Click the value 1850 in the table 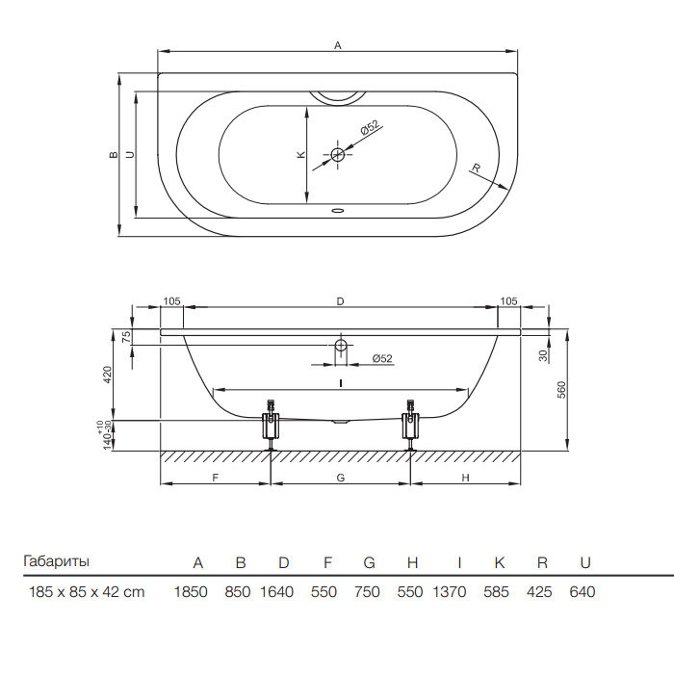click(x=191, y=592)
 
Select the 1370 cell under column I click(x=450, y=592)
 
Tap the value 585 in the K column click(x=496, y=592)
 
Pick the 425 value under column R click(x=539, y=592)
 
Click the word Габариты click(x=56, y=561)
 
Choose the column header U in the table click(x=585, y=562)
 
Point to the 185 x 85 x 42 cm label click(x=87, y=592)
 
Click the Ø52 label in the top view click(x=370, y=128)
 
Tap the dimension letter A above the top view click(x=338, y=45)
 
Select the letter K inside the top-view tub click(x=301, y=154)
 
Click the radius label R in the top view click(x=476, y=168)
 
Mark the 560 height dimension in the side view click(x=561, y=389)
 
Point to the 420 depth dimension click(x=108, y=375)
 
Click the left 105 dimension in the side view click(x=172, y=301)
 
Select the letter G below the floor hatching click(x=341, y=478)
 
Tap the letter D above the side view click(x=341, y=301)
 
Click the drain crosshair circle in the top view click(x=338, y=154)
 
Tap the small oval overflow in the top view click(x=338, y=211)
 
